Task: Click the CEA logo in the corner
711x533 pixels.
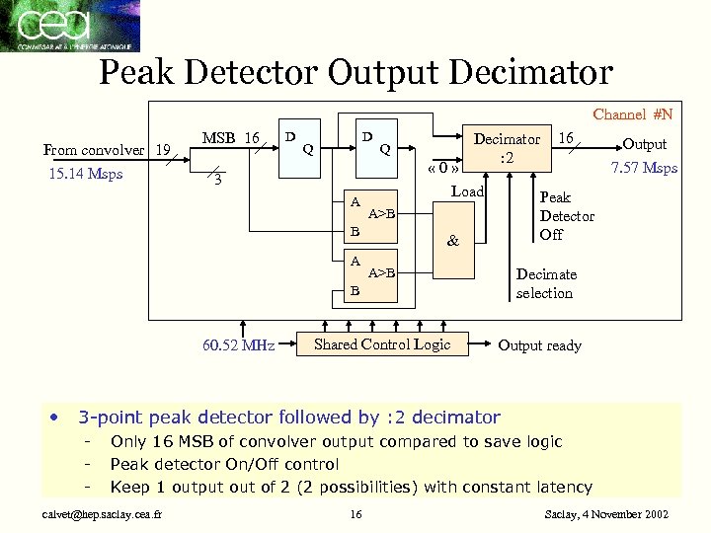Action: [x=69, y=26]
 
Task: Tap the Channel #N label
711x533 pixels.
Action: [x=632, y=114]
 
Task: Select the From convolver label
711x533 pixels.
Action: [x=94, y=150]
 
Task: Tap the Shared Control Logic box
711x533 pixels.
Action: [x=381, y=344]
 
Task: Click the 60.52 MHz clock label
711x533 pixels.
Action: [x=238, y=345]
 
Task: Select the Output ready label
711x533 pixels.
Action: [x=539, y=345]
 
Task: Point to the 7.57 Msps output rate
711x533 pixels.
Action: [x=645, y=168]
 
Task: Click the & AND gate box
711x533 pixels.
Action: [x=453, y=240]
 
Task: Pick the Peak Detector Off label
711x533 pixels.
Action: [x=566, y=216]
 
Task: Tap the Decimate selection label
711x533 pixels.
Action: [x=546, y=283]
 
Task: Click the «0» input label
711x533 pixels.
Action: [x=442, y=168]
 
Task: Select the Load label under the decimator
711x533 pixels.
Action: [x=467, y=191]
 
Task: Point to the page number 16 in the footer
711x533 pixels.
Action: [x=356, y=513]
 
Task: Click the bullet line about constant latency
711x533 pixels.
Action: [x=351, y=487]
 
